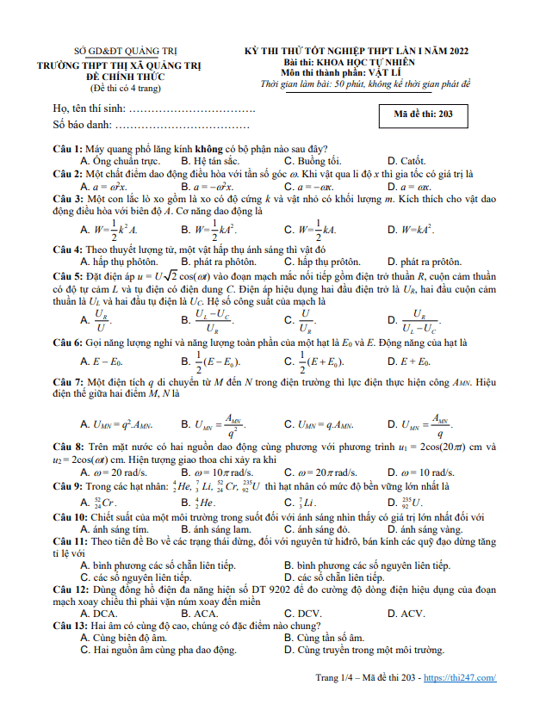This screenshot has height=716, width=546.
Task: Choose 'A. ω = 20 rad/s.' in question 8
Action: click(112, 472)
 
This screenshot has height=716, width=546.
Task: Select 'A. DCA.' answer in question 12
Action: click(98, 614)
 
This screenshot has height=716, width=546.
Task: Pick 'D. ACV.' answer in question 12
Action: click(406, 614)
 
